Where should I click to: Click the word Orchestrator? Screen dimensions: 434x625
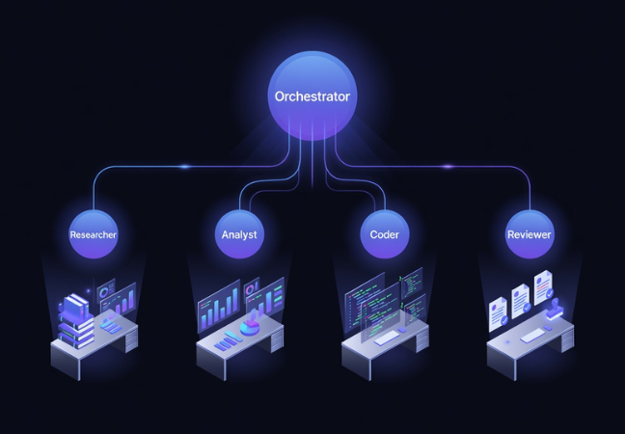(312, 96)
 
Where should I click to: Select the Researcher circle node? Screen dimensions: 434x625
(94, 234)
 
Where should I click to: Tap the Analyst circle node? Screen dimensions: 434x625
(239, 234)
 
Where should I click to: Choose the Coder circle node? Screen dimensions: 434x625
(384, 234)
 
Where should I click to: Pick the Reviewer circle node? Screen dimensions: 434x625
(530, 234)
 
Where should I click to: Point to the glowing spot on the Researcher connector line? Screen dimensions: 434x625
(184, 167)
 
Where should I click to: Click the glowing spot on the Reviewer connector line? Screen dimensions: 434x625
(447, 167)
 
